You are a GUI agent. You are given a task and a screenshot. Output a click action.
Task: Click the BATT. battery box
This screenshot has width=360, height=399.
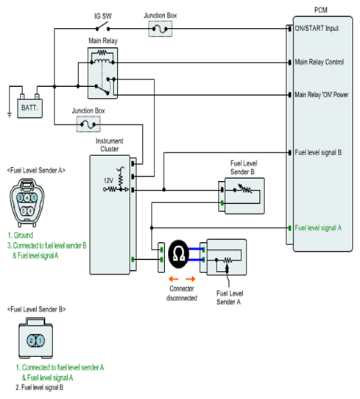(x=29, y=108)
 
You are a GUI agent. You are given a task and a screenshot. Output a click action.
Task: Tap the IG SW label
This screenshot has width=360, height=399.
(x=103, y=16)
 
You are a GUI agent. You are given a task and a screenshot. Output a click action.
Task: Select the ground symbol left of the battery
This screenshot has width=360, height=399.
(x=10, y=115)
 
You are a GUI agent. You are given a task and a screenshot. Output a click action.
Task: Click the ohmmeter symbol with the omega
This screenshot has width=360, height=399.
(x=179, y=254)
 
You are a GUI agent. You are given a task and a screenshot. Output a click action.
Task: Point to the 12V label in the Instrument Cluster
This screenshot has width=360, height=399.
(x=108, y=180)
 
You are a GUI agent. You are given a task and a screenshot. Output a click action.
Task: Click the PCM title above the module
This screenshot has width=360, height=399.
(x=321, y=10)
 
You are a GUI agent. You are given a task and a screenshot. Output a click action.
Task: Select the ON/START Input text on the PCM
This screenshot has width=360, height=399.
(x=317, y=28)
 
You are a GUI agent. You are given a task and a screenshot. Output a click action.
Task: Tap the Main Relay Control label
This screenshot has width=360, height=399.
(x=319, y=62)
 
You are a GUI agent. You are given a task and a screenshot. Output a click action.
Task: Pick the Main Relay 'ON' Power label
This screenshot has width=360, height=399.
(x=321, y=95)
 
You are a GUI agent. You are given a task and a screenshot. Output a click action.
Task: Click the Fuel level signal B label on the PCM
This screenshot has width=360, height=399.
(x=318, y=152)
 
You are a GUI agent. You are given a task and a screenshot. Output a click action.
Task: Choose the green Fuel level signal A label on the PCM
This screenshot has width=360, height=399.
(x=318, y=227)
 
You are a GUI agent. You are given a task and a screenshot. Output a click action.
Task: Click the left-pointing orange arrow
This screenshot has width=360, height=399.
(x=174, y=279)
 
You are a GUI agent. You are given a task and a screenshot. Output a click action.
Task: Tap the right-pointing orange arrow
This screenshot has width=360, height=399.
(x=190, y=279)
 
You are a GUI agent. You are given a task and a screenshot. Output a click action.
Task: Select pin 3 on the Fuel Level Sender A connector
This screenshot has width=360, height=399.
(x=21, y=197)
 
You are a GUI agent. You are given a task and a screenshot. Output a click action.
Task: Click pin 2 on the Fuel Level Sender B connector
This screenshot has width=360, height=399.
(x=32, y=340)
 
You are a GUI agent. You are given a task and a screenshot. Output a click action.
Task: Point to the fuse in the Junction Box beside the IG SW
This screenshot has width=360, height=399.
(x=160, y=29)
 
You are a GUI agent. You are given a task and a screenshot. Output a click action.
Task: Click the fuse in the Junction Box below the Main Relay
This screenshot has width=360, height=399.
(x=88, y=124)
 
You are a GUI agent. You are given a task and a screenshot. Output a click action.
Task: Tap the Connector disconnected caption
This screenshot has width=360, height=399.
(x=182, y=294)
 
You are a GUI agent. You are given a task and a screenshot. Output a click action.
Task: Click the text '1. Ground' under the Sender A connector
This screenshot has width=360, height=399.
(x=21, y=235)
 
